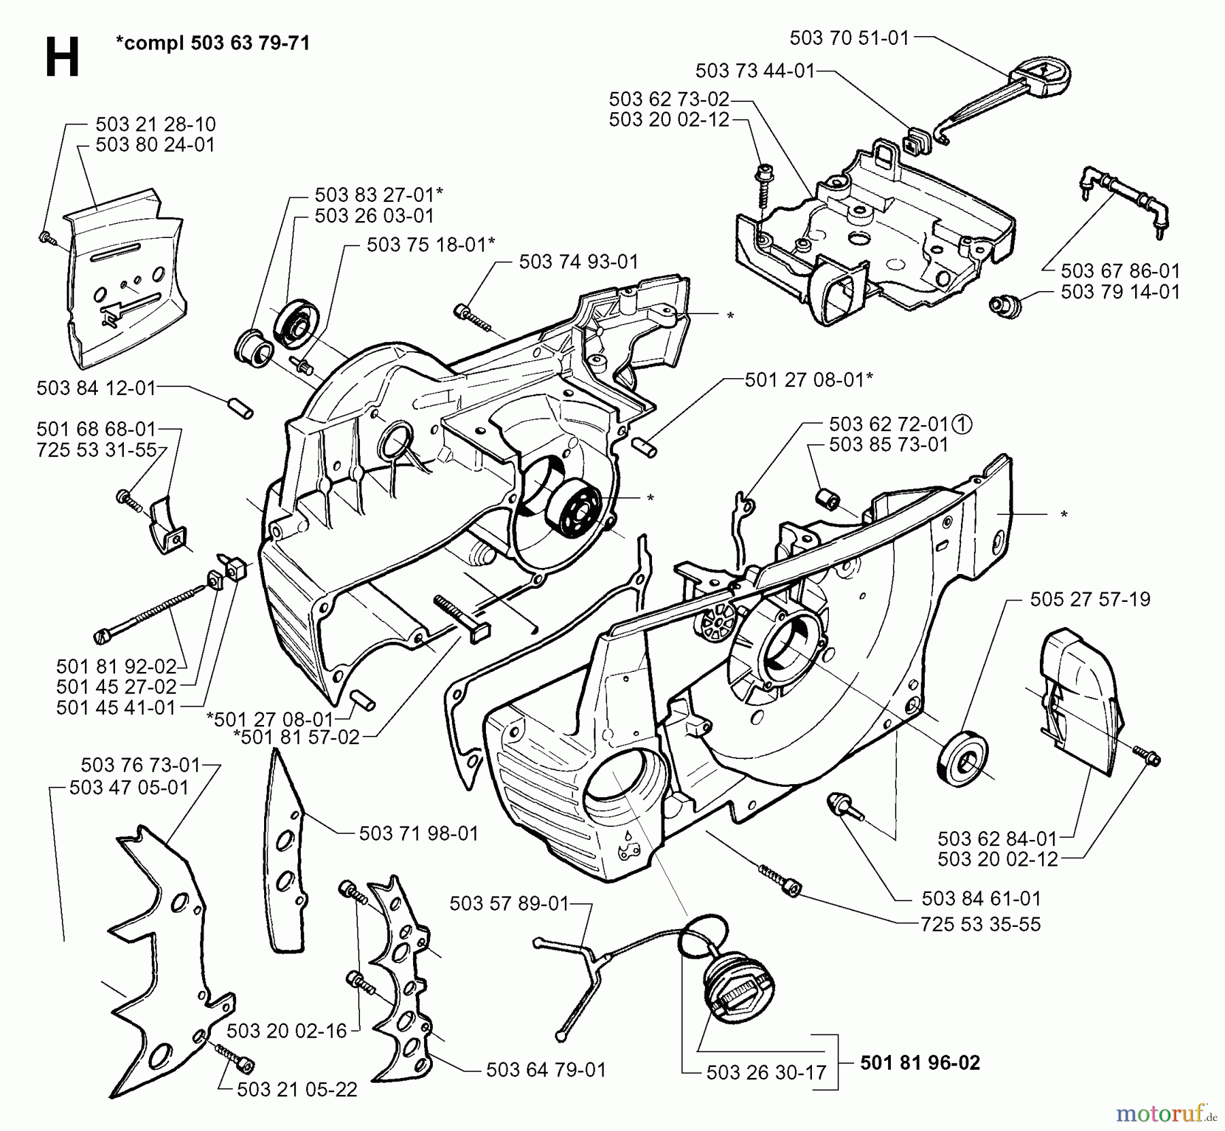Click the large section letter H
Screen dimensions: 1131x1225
coord(62,58)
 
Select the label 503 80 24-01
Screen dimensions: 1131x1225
coord(155,145)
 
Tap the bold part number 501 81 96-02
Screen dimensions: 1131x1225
coord(920,1062)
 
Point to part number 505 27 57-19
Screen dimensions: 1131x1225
coord(1090,599)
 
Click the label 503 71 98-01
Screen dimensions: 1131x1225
coord(419,833)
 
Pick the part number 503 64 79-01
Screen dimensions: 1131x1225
coord(546,1070)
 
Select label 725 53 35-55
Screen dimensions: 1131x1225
coord(980,924)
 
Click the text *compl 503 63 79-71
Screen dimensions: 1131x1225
coord(212,44)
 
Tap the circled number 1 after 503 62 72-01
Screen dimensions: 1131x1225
coord(962,424)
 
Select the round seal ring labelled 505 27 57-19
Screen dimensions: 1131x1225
coord(964,760)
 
